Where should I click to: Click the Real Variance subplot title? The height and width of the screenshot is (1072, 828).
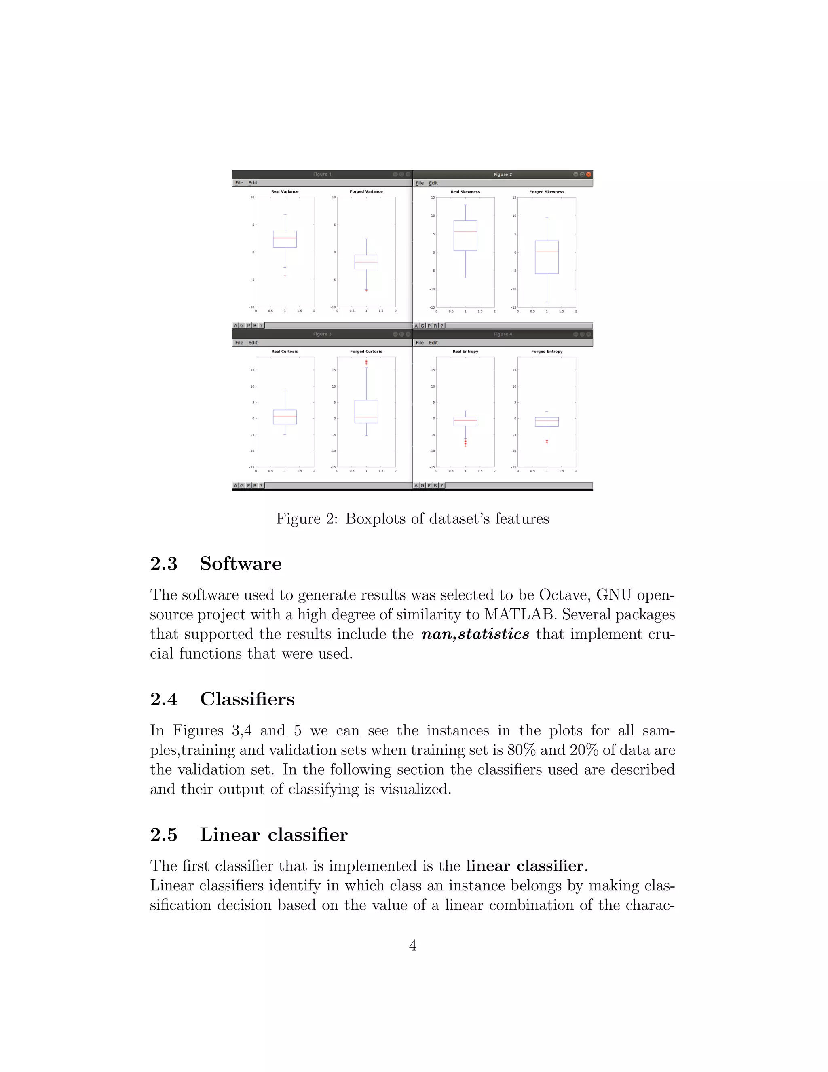coord(285,191)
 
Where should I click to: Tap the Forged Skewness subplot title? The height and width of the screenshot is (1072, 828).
coord(547,192)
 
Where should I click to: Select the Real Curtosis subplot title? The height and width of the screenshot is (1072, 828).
coord(285,352)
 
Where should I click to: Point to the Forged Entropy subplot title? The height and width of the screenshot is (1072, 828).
coord(547,352)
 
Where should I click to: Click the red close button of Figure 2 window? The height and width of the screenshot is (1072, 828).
coord(589,174)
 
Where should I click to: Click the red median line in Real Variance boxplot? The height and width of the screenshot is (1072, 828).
coord(285,238)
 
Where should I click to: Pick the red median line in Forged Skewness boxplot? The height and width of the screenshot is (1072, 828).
coord(547,252)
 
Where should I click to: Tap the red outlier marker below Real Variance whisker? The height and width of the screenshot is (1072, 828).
coord(285,276)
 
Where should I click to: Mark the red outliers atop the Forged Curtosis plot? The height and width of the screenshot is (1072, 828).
coord(366,363)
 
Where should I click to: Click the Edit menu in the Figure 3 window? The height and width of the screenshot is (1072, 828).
coord(253,343)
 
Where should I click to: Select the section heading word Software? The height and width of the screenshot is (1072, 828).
coord(241,564)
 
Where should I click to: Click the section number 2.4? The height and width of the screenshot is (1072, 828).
coord(164,699)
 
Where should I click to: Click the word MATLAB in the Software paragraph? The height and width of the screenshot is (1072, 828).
coord(520,614)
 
